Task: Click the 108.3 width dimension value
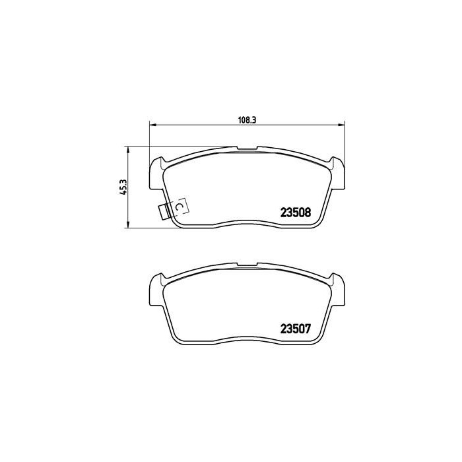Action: (246, 119)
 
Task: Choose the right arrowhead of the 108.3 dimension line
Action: (341, 124)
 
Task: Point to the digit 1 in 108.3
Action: (239, 119)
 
